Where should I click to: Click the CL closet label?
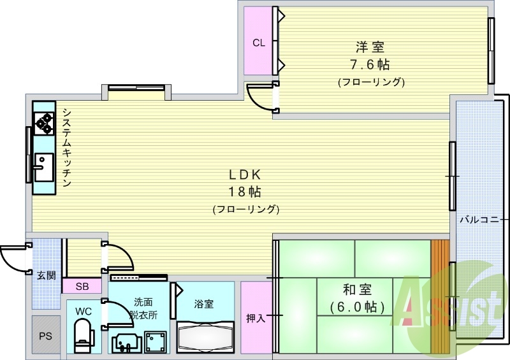[258, 43]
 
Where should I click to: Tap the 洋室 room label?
[370, 47]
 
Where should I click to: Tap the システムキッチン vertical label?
[66, 147]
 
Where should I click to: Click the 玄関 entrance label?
[46, 275]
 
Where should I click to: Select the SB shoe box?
[82, 286]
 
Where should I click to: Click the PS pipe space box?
[45, 335]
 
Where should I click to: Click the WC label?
[84, 311]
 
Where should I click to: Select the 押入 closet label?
[256, 318]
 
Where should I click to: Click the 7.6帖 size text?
[370, 64]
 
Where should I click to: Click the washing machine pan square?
[155, 342]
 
